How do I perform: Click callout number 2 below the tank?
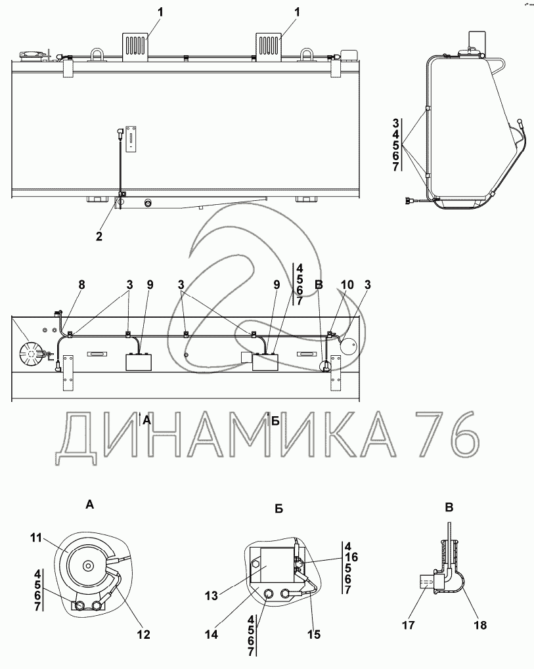click(99, 236)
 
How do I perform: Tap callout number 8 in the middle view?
click(81, 284)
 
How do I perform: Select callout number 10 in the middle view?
click(347, 284)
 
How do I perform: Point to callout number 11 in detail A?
click(36, 538)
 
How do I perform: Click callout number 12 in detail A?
click(144, 634)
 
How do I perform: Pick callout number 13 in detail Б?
click(211, 595)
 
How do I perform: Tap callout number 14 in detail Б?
click(211, 634)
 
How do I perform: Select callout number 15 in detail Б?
click(314, 634)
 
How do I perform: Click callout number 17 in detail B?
click(409, 625)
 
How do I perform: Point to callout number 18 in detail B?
click(480, 625)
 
